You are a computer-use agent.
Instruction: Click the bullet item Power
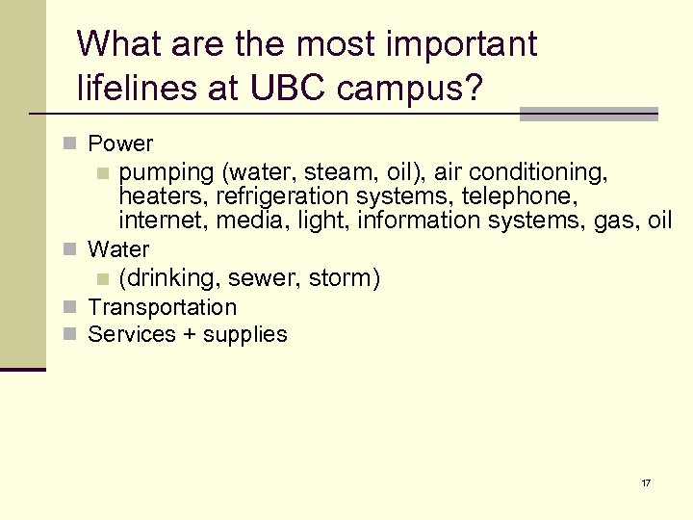point(120,143)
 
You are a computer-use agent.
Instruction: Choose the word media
point(246,221)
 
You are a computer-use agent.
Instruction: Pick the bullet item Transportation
point(162,308)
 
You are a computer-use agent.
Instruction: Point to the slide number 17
point(646,482)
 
